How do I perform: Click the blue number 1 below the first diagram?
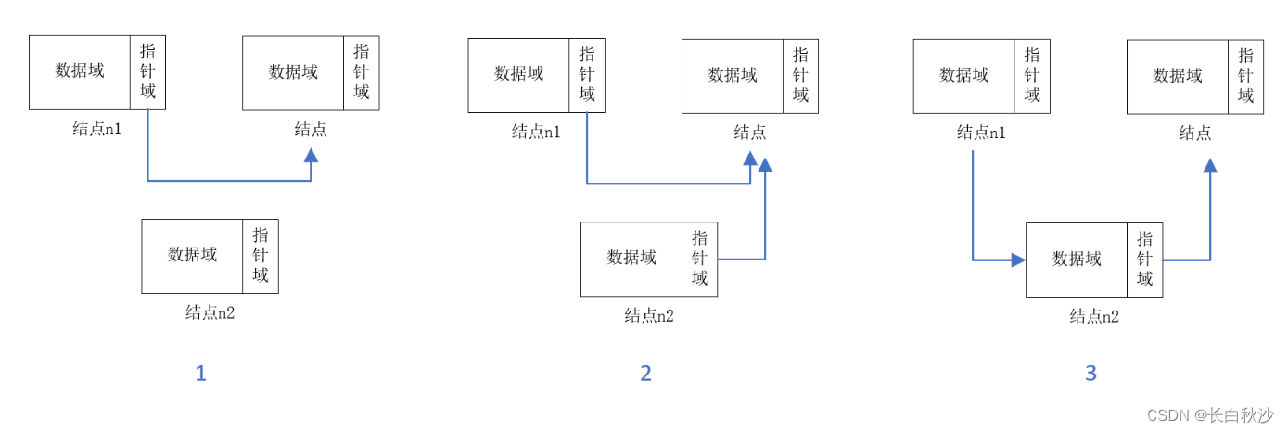[200, 374]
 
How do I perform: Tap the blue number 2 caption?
[645, 374]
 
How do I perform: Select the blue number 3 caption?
[1090, 374]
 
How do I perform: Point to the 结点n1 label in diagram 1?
[97, 129]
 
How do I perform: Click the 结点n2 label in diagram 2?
[649, 316]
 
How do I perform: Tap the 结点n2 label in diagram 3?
[1094, 316]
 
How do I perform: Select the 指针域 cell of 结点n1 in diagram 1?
[148, 72]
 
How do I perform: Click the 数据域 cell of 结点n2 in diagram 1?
[192, 256]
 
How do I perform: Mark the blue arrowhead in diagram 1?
[311, 155]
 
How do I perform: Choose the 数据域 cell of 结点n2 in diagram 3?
[1077, 260]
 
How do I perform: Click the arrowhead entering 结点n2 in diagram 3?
[1018, 260]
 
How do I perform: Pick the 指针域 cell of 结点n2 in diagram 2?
[699, 260]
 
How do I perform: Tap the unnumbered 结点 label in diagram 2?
[750, 132]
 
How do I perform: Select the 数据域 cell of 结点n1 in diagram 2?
[519, 75]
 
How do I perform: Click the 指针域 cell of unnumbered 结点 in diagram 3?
[1245, 75]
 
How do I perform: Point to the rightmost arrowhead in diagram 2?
[765, 165]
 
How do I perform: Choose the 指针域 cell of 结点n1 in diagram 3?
[1032, 75]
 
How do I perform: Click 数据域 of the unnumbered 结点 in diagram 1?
[293, 72]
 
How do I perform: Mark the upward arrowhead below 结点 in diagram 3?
[1210, 165]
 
